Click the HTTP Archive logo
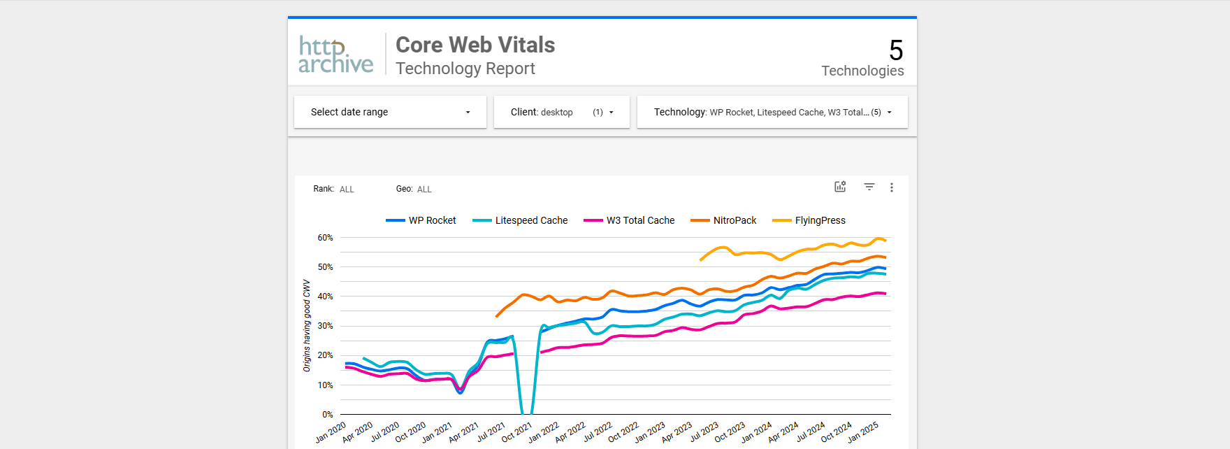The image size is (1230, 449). pyautogui.click(x=335, y=55)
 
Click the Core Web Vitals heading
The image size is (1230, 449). pyautogui.click(x=475, y=45)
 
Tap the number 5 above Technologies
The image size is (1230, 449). pyautogui.click(x=896, y=50)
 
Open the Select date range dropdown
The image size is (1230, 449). pyautogui.click(x=390, y=112)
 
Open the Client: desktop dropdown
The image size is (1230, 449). pyautogui.click(x=561, y=112)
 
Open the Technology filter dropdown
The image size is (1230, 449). pyautogui.click(x=772, y=112)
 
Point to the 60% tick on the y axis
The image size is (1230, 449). pyautogui.click(x=325, y=238)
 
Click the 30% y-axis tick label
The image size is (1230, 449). pyautogui.click(x=325, y=326)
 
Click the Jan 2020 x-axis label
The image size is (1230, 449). pyautogui.click(x=331, y=432)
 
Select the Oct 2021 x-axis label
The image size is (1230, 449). pyautogui.click(x=517, y=432)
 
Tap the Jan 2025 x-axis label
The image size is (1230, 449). pyautogui.click(x=863, y=432)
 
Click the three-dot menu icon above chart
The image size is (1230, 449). pyautogui.click(x=892, y=187)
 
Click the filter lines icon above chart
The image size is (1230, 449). pyautogui.click(x=869, y=187)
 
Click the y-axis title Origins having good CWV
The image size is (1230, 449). pyautogui.click(x=307, y=325)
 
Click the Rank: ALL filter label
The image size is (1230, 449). pyautogui.click(x=334, y=189)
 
